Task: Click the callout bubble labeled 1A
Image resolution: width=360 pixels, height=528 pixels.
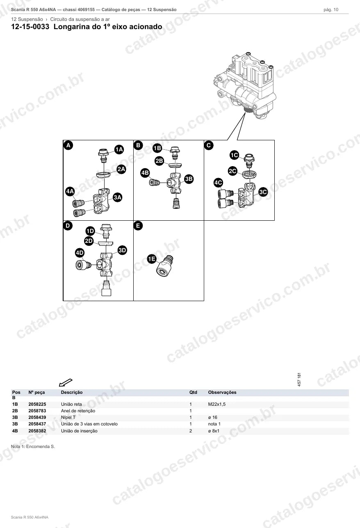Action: tap(119, 149)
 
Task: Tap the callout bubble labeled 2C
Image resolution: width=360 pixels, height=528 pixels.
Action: tap(233, 171)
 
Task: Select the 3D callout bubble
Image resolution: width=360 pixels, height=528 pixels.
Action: tap(122, 250)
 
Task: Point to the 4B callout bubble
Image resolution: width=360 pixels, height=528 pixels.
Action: tap(145, 173)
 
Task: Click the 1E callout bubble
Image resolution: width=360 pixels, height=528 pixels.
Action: tap(152, 259)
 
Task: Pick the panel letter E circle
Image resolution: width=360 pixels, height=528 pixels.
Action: tap(138, 226)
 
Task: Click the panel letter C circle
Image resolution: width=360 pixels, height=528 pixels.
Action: tap(209, 145)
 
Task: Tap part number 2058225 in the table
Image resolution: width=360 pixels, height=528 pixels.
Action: tap(37, 404)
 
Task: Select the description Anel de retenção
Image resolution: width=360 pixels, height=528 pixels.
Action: tap(78, 411)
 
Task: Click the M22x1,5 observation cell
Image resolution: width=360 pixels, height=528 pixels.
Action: tap(217, 404)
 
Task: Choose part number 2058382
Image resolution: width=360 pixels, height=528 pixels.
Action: tap(37, 431)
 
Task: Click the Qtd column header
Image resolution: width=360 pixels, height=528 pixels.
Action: tap(193, 392)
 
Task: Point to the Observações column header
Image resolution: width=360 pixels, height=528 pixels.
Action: tap(222, 392)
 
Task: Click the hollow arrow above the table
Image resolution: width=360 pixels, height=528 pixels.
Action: tap(66, 383)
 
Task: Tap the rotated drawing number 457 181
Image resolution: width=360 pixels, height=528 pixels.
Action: tap(299, 379)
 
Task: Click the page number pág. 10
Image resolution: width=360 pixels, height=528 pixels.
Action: tap(331, 10)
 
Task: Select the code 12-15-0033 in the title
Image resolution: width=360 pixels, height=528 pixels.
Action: tap(30, 27)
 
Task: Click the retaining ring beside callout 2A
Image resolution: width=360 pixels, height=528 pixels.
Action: tap(103, 175)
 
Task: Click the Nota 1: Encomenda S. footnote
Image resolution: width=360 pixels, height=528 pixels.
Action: tap(33, 446)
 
